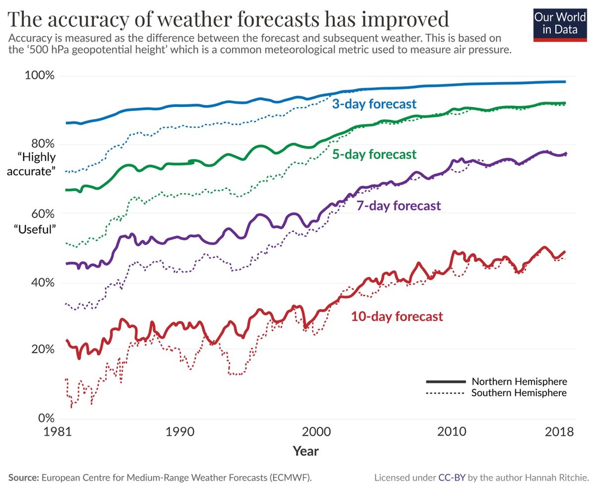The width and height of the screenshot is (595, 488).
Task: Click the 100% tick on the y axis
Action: pyautogui.click(x=40, y=76)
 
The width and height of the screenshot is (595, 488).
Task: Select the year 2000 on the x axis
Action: pyautogui.click(x=315, y=432)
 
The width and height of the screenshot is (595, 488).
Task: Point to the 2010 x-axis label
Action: pyautogui.click(x=452, y=432)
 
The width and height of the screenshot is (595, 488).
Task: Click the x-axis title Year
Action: pyautogui.click(x=305, y=451)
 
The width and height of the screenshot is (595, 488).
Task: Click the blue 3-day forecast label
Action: pyautogui.click(x=374, y=105)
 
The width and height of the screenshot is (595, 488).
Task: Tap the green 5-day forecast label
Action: pyautogui.click(x=374, y=155)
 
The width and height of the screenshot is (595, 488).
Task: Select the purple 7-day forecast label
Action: pyautogui.click(x=398, y=206)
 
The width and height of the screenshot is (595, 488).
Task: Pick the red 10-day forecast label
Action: pyautogui.click(x=397, y=316)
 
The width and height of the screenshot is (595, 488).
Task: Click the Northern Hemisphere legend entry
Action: pyautogui.click(x=519, y=381)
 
